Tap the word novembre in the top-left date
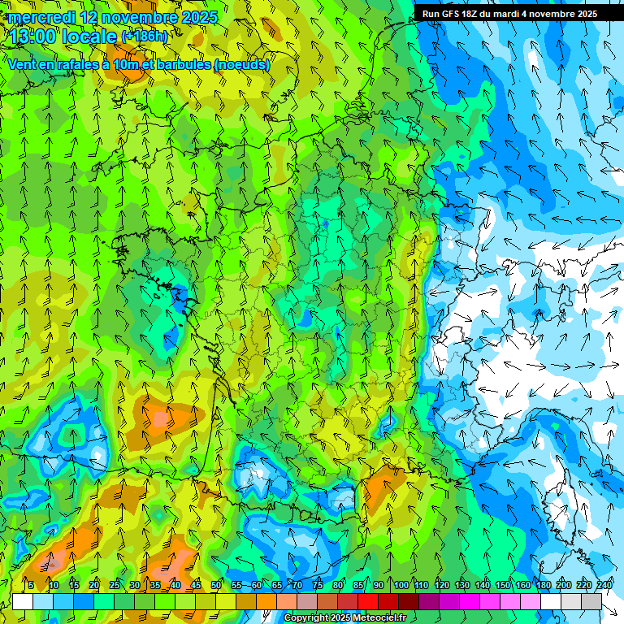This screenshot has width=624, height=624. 136,16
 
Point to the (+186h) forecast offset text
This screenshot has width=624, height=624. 144,37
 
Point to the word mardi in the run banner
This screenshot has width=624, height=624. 513,14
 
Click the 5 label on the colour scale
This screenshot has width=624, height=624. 31,586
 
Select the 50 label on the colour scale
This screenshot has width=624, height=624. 216,586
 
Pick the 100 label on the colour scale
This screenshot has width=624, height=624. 401,586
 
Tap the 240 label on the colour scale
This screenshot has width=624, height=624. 604,586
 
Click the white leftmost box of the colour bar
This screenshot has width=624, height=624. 23,602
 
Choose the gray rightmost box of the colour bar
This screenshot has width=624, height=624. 591,602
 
